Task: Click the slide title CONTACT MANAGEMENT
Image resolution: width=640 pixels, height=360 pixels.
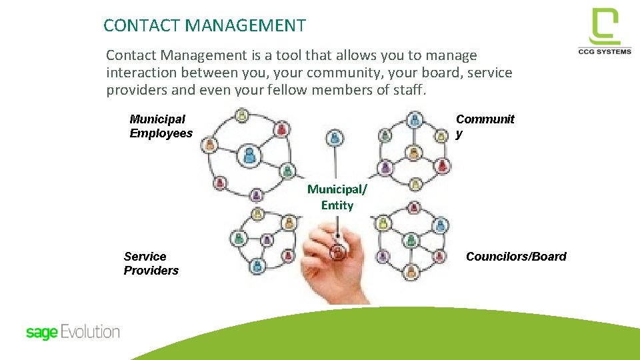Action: coord(205,26)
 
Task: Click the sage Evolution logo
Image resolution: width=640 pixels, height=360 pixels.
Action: coord(73,332)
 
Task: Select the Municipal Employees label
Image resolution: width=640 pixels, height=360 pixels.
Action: coord(161,126)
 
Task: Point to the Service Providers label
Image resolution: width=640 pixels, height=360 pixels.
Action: coord(151,263)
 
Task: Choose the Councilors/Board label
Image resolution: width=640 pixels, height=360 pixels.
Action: coord(515,257)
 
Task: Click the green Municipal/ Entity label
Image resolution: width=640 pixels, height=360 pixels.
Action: coord(337,197)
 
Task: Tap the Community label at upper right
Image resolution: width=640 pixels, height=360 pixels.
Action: coord(485,125)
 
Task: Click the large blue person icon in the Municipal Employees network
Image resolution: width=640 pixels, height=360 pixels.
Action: coord(249,155)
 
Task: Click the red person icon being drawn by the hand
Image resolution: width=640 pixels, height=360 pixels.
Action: coord(338,253)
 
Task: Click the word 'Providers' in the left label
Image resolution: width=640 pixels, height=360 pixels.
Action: coord(151,271)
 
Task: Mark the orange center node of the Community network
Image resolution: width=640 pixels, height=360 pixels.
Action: coord(413,154)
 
